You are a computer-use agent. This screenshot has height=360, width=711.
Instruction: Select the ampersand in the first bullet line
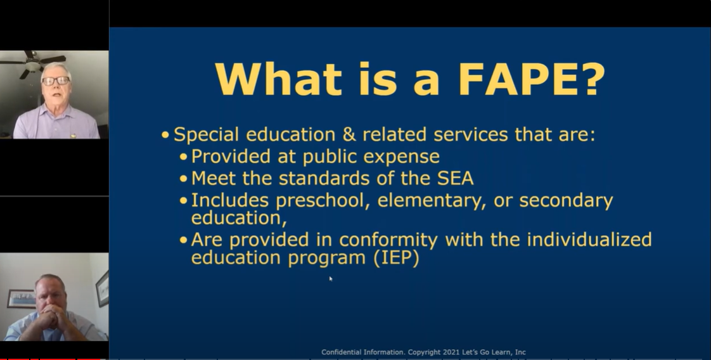(x=349, y=134)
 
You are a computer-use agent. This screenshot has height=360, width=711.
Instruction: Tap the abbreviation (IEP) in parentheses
(x=396, y=258)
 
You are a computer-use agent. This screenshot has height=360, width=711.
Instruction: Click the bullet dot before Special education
(x=165, y=134)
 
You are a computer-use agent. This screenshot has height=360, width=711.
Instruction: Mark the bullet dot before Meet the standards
(x=183, y=179)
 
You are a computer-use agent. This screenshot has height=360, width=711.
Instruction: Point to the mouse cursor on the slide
(x=331, y=279)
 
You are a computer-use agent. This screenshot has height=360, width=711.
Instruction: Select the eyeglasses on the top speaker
(x=56, y=81)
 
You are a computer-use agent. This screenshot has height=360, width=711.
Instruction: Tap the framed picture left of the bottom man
(x=21, y=298)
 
